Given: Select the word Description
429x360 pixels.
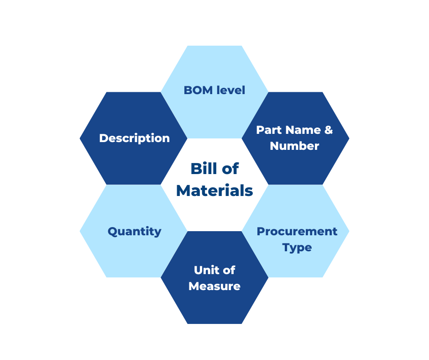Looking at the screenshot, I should tap(134, 138).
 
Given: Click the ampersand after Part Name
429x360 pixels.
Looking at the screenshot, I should tap(328, 130).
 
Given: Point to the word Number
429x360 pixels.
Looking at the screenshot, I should tap(294, 146).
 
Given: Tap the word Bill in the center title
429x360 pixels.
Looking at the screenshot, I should tap(202, 169).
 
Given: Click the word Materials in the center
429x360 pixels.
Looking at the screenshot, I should tap(214, 191).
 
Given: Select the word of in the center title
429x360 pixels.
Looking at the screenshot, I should tap(230, 169).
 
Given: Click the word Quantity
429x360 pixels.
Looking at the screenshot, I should tap(134, 232).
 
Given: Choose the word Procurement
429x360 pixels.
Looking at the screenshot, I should tap(297, 232).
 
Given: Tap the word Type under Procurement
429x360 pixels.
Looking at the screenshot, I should tap(297, 248).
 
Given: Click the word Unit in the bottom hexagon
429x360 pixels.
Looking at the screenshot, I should tap(204, 270).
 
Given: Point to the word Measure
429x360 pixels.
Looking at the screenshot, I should tap(214, 286).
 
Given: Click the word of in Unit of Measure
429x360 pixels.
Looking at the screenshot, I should tap(229, 270).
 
